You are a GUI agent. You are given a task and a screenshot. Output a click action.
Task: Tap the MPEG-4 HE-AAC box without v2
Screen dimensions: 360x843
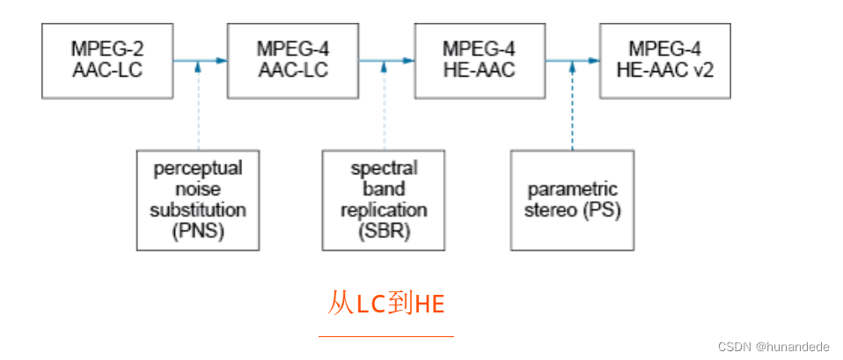coord(479,60)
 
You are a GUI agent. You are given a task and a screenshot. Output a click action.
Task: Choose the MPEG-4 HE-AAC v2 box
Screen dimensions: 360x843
coord(665,60)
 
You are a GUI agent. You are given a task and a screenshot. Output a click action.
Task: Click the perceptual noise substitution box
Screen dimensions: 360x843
coord(198,200)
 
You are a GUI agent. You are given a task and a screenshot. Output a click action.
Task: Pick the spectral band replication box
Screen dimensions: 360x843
coord(384,200)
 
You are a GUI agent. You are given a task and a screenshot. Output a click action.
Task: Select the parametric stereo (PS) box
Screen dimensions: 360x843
coord(572,200)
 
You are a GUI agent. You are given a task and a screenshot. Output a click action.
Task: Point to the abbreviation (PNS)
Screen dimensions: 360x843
coord(197,231)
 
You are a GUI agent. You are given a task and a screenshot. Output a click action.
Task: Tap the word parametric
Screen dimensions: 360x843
coord(572,189)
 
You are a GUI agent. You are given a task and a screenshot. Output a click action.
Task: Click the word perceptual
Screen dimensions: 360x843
coord(197,168)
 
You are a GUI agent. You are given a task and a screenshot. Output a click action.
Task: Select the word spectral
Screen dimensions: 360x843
coord(384,168)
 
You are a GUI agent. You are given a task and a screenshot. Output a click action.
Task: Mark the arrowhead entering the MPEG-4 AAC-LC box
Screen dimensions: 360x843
coord(223,61)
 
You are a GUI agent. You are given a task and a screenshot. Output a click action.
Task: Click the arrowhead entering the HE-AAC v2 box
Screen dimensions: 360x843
coord(595,61)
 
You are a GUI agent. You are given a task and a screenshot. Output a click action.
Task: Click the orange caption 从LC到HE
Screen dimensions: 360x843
coord(386,305)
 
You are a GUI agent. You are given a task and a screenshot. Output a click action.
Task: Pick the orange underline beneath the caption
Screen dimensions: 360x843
coord(386,335)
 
